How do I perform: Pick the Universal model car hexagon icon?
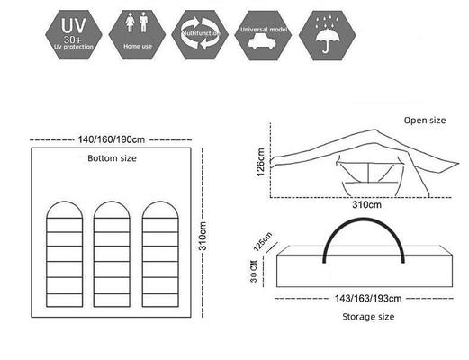(264, 34)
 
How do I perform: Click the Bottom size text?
(112, 158)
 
